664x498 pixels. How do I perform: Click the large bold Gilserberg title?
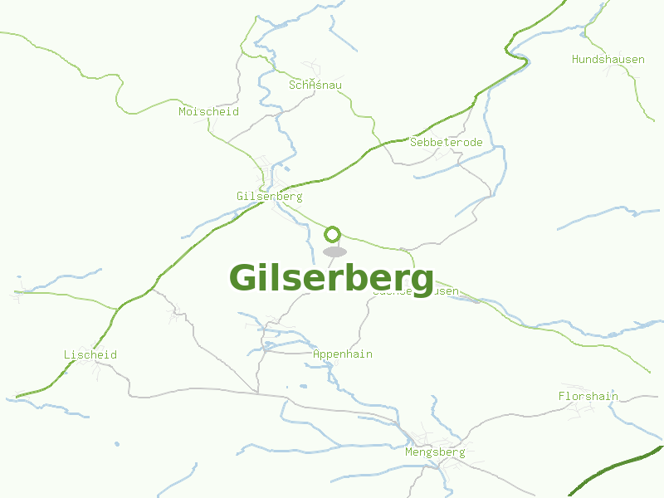click(x=331, y=278)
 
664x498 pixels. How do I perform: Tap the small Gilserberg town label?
click(x=269, y=197)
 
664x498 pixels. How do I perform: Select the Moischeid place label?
click(x=208, y=111)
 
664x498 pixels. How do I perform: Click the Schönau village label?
click(x=315, y=85)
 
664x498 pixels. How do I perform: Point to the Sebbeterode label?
click(x=446, y=143)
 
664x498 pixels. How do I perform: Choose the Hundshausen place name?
click(x=608, y=60)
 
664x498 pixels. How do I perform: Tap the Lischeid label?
click(x=90, y=355)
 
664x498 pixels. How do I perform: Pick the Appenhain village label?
click(x=342, y=354)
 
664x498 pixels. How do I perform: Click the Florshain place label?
click(x=588, y=397)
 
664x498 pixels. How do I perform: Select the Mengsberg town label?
click(x=434, y=452)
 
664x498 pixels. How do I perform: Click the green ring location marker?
click(x=333, y=234)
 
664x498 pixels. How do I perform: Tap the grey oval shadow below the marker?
click(x=334, y=251)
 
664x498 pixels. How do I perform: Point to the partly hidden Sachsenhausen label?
click(x=445, y=292)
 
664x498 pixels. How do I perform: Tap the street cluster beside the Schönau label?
click(x=313, y=69)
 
